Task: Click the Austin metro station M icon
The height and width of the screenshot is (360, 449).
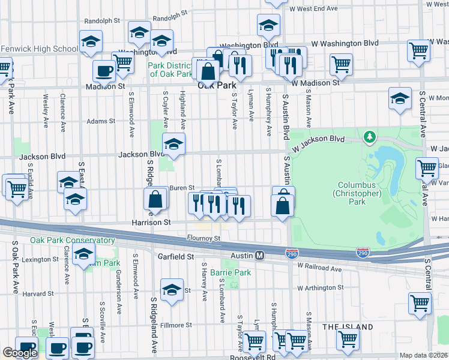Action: pyautogui.click(x=260, y=256)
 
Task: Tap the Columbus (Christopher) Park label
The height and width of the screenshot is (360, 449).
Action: pyautogui.click(x=359, y=194)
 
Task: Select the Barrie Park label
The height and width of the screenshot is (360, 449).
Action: pyautogui.click(x=234, y=272)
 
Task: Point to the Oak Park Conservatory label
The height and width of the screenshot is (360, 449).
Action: pyautogui.click(x=73, y=241)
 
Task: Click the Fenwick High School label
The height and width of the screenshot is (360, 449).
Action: pyautogui.click(x=39, y=49)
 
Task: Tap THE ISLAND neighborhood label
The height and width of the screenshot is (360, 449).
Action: pyautogui.click(x=348, y=327)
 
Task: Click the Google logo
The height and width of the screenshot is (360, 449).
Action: pyautogui.click(x=19, y=353)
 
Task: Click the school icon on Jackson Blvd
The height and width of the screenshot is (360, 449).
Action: pyautogui.click(x=173, y=144)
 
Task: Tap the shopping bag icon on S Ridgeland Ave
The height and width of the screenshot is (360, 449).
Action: pyautogui.click(x=155, y=200)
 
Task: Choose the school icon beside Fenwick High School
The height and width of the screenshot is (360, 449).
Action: pyautogui.click(x=91, y=41)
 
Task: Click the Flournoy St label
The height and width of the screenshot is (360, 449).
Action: pyautogui.click(x=203, y=238)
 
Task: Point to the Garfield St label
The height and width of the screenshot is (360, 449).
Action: pyautogui.click(x=173, y=256)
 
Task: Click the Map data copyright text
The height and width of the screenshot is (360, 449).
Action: pyautogui.click(x=423, y=355)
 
